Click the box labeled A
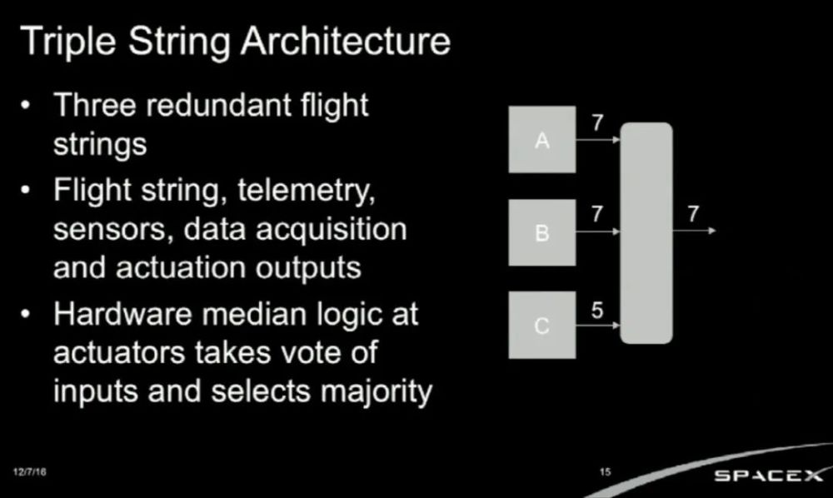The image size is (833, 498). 542,140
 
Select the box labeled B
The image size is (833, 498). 542,232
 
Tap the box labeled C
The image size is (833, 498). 542,325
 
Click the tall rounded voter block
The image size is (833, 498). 646,233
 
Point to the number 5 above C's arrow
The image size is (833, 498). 597,311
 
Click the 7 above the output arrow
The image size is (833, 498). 693,214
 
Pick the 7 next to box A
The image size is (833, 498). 597,122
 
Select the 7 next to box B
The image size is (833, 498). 597,214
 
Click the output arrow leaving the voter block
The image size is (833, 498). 695,231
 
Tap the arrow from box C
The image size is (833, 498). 598,325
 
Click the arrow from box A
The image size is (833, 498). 598,140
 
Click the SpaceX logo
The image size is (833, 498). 768,476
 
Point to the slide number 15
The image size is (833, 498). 605,471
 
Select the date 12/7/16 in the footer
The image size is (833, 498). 30,471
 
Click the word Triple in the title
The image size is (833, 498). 68,42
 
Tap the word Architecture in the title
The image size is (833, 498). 346,41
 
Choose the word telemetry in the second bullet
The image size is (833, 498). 307,190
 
